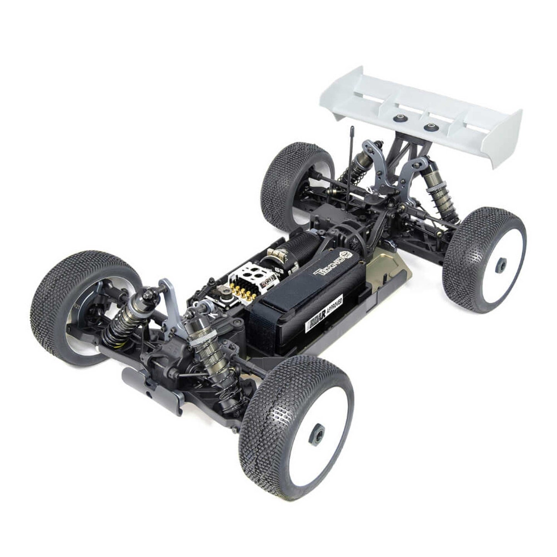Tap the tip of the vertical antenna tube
(352, 129)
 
